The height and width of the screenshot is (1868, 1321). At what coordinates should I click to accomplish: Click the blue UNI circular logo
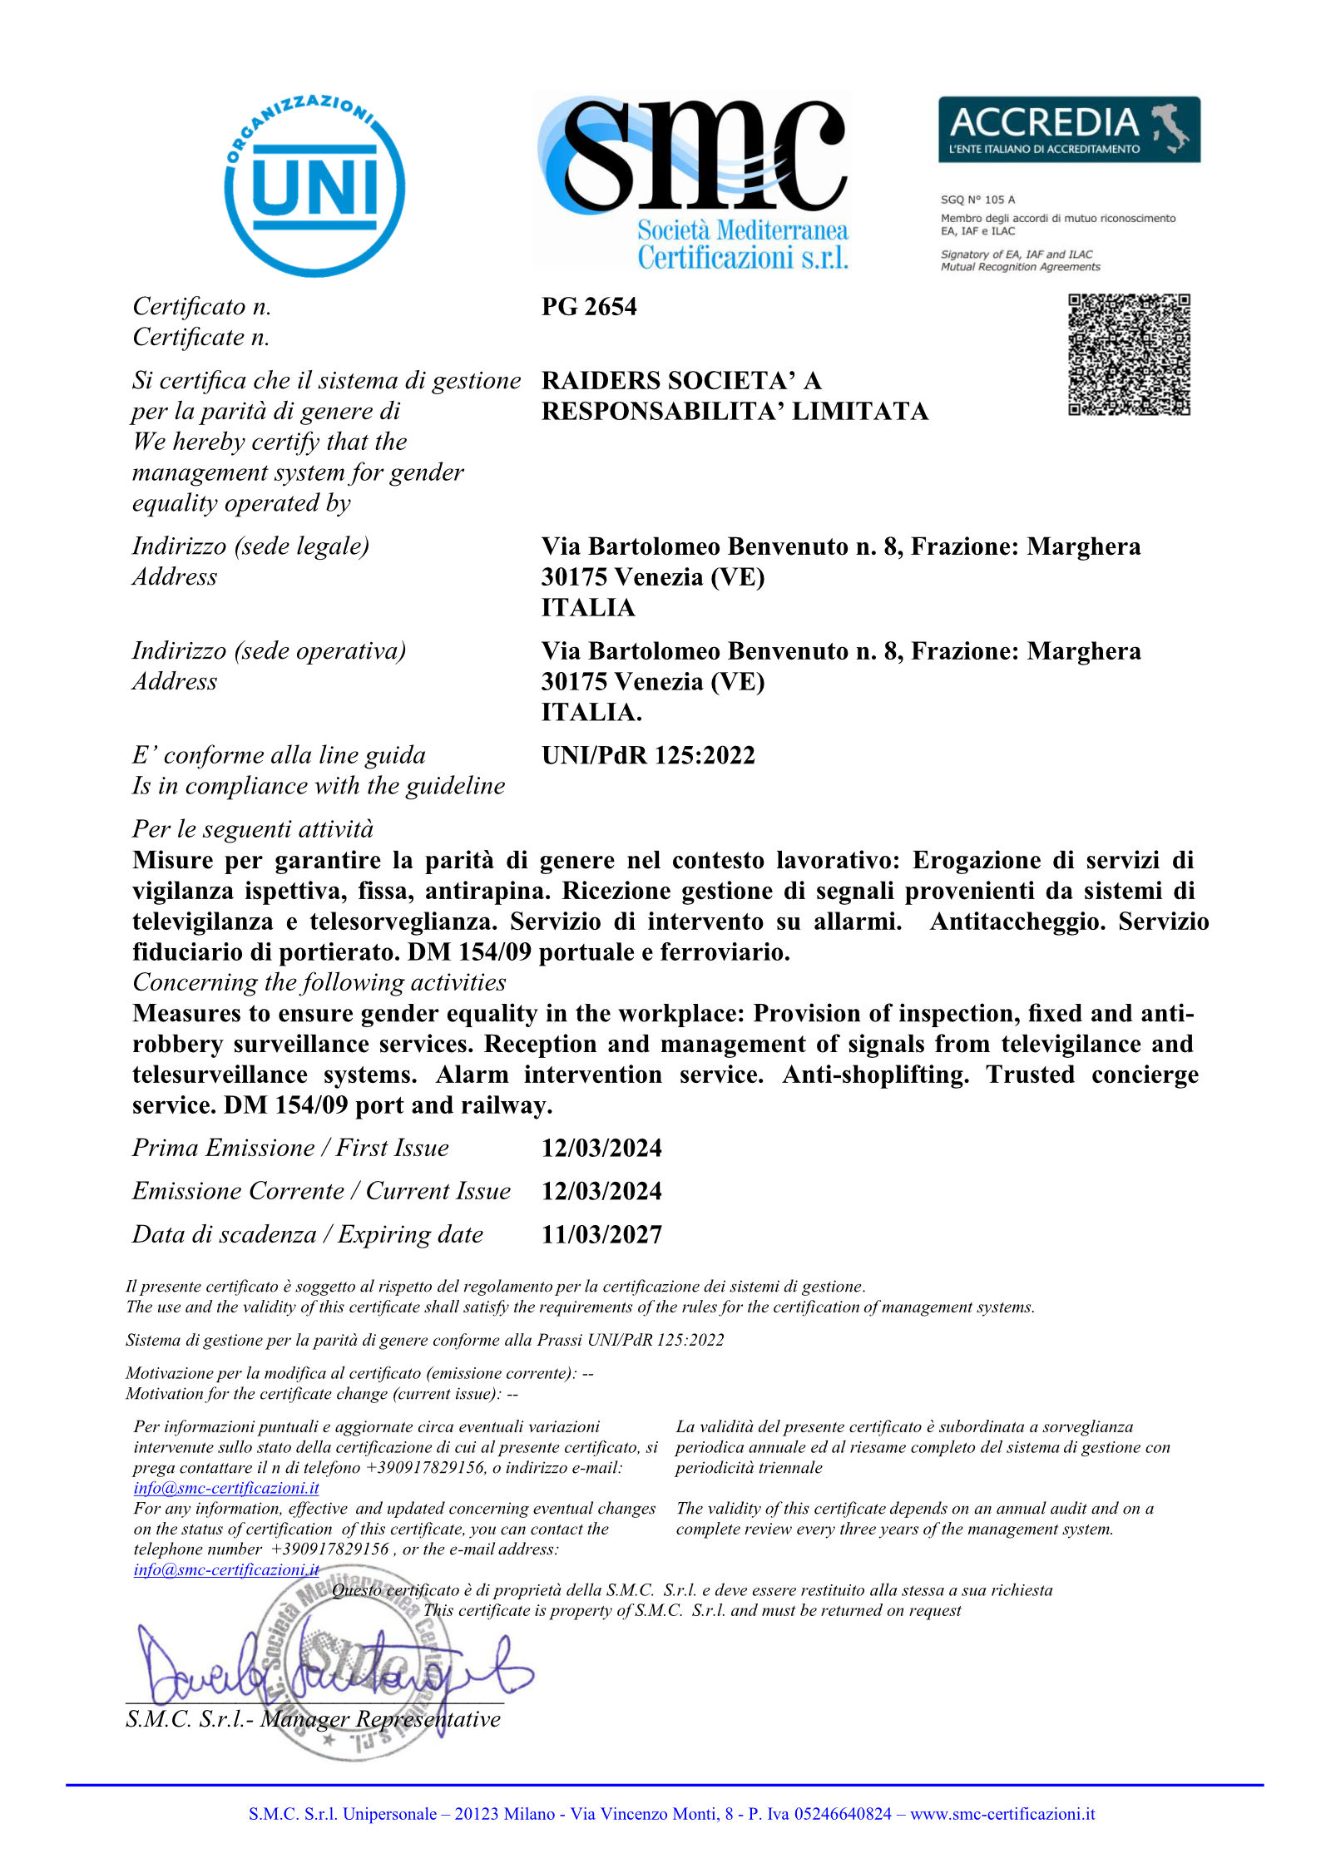tap(314, 185)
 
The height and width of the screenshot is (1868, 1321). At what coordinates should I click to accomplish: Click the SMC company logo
tap(692, 181)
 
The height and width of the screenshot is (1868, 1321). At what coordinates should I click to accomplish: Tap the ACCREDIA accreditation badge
tap(1069, 130)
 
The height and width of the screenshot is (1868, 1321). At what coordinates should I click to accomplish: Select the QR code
tap(1129, 354)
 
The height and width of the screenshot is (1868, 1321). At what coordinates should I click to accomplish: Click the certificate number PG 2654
tap(589, 307)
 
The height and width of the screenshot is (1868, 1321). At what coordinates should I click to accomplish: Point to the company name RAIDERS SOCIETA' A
tap(681, 381)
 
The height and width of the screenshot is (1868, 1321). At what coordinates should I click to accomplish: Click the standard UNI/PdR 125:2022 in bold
tap(648, 755)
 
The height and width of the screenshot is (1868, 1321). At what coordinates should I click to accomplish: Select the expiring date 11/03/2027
tap(601, 1234)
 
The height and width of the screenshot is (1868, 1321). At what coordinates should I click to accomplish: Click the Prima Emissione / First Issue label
tap(290, 1148)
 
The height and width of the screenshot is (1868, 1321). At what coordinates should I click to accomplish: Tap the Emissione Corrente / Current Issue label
tap(321, 1191)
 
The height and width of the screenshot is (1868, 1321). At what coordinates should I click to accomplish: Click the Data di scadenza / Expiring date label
tap(308, 1234)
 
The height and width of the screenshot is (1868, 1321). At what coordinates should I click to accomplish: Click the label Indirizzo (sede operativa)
tap(269, 650)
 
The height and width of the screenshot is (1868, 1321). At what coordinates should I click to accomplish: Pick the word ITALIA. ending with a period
tap(591, 712)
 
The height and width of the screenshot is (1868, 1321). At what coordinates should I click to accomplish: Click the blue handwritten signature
tap(333, 1663)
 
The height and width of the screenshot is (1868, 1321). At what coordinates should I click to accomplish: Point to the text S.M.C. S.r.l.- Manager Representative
tap(313, 1718)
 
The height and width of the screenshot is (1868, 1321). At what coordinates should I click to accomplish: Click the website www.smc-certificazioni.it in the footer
tap(1002, 1814)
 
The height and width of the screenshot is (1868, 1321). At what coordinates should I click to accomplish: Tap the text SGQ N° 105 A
tap(977, 200)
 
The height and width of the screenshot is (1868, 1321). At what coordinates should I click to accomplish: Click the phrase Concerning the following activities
tap(319, 982)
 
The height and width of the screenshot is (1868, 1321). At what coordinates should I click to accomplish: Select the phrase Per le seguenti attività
tap(253, 829)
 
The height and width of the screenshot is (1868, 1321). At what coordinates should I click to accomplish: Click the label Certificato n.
tap(202, 307)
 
